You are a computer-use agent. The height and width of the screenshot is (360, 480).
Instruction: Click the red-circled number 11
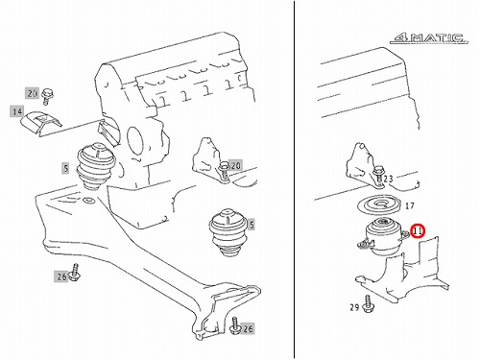pyautogui.click(x=418, y=231)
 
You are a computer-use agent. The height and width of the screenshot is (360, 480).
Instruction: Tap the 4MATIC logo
pyautogui.click(x=429, y=38)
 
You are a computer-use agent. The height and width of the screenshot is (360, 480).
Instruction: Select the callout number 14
pyautogui.click(x=17, y=111)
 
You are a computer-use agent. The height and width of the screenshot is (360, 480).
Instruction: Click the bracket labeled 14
pyautogui.click(x=41, y=124)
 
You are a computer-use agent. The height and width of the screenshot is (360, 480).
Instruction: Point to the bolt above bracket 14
pyautogui.click(x=48, y=95)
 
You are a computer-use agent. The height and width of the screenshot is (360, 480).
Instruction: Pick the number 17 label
pyautogui.click(x=410, y=205)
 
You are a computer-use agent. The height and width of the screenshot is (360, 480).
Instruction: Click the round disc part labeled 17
pyautogui.click(x=379, y=205)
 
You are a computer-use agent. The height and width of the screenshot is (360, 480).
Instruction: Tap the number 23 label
pyautogui.click(x=388, y=179)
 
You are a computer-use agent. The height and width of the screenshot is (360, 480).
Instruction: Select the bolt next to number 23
pyautogui.click(x=378, y=175)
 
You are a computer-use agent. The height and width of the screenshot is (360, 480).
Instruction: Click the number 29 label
pyautogui.click(x=354, y=307)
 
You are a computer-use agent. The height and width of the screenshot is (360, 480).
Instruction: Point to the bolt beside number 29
pyautogui.click(x=368, y=303)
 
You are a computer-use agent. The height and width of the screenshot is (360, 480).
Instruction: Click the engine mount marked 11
pyautogui.click(x=381, y=236)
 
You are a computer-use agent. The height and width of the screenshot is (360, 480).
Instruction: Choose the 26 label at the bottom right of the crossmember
pyautogui.click(x=248, y=328)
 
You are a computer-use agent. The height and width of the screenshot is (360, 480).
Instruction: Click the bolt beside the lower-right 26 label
pyautogui.click(x=235, y=325)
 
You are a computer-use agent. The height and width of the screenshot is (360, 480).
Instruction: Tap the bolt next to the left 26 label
pyautogui.click(x=75, y=272)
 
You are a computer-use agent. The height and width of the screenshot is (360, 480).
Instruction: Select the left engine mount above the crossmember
pyautogui.click(x=95, y=167)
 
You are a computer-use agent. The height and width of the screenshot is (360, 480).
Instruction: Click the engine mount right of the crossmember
pyautogui.click(x=228, y=232)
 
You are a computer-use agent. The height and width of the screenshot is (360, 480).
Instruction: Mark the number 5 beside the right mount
pyautogui.click(x=252, y=225)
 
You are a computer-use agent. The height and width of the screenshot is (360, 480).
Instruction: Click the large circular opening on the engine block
pyautogui.click(x=135, y=140)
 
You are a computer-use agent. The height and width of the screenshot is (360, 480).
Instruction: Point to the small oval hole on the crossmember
pyautogui.click(x=87, y=201)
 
